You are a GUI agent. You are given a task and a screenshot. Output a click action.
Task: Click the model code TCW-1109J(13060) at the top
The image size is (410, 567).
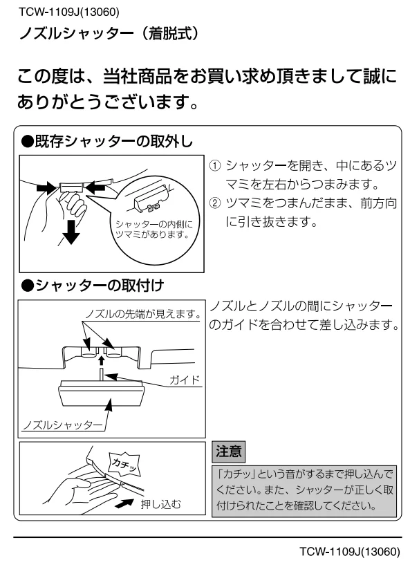click(68, 12)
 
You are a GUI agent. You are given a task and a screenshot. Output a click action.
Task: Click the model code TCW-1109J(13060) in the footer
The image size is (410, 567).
click(350, 552)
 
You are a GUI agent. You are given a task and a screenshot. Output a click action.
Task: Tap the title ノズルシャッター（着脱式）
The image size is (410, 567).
click(109, 34)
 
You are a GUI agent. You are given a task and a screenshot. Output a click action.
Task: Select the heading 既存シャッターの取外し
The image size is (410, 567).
click(107, 141)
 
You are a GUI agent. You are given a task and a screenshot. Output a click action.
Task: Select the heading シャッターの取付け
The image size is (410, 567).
click(93, 286)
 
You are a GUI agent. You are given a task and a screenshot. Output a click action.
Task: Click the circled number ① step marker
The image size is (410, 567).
click(215, 165)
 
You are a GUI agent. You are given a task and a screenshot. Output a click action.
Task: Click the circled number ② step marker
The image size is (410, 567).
click(215, 203)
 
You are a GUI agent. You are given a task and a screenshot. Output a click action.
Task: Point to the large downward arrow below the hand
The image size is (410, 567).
click(71, 232)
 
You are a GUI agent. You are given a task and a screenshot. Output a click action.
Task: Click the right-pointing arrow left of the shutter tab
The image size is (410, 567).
click(46, 187)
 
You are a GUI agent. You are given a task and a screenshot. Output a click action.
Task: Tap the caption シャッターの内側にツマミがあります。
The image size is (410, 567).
click(154, 230)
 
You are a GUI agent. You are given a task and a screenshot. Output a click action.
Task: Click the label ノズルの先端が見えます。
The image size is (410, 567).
click(144, 314)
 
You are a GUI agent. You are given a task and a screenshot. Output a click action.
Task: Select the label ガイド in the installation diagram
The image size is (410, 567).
click(185, 380)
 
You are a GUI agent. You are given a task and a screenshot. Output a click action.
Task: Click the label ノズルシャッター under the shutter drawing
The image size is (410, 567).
click(63, 425)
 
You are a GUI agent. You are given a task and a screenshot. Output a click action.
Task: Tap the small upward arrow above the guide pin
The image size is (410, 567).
click(102, 360)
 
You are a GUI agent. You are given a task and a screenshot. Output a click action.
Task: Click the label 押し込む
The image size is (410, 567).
click(160, 503)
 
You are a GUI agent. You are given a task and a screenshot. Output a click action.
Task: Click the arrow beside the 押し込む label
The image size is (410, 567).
click(127, 502)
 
